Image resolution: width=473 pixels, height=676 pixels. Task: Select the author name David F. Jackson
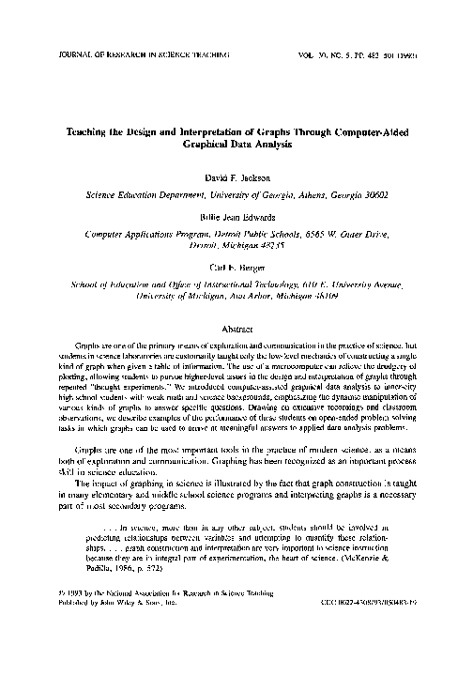click(236, 177)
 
